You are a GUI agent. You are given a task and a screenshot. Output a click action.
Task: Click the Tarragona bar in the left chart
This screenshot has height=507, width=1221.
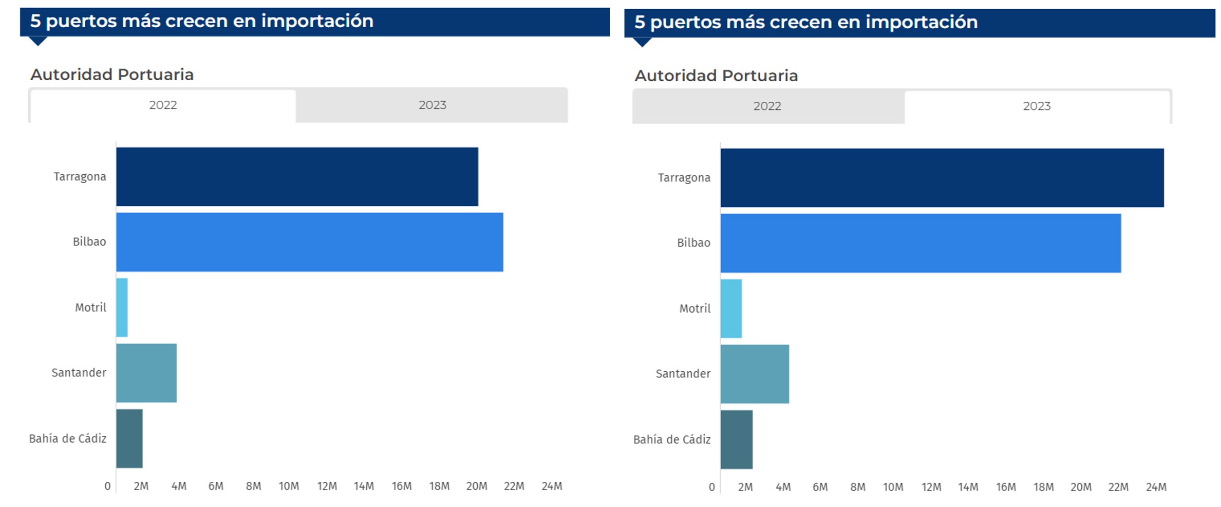(x=297, y=177)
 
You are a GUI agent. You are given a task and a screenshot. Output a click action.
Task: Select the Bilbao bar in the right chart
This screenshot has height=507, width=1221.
(x=921, y=243)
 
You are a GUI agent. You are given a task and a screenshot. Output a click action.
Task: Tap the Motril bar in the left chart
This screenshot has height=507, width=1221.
(x=122, y=307)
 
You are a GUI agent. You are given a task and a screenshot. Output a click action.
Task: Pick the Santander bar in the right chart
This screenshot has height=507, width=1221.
(x=755, y=374)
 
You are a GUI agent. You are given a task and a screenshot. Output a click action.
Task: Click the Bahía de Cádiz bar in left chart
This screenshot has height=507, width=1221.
(x=129, y=439)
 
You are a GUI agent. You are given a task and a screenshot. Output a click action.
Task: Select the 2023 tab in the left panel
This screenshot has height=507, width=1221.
(x=432, y=105)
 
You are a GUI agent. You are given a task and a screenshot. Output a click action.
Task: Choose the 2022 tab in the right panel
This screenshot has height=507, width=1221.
(x=767, y=106)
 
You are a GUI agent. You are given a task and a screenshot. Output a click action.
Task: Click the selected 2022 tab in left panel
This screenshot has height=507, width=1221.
(x=163, y=105)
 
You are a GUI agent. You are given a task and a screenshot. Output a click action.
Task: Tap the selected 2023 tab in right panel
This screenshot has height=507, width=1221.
(x=1037, y=106)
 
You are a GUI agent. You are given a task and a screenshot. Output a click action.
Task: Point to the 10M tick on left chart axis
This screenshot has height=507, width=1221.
(x=289, y=486)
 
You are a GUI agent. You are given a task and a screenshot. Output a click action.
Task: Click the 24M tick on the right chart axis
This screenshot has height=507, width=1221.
(x=1156, y=487)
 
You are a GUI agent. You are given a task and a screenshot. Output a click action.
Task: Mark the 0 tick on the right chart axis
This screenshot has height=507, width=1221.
(x=711, y=487)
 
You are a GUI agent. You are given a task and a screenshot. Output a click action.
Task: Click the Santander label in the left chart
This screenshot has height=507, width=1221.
(x=79, y=373)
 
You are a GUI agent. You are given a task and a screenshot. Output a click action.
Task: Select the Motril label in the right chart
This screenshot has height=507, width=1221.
(x=694, y=309)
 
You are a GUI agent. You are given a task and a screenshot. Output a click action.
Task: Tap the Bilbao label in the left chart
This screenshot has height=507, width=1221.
(x=89, y=242)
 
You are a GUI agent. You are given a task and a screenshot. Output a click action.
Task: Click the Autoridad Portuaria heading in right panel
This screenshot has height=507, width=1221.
(x=716, y=76)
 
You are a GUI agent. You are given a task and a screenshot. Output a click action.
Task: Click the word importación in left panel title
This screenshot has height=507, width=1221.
(x=317, y=21)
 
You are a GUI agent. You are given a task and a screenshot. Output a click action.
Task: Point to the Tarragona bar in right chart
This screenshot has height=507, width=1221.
(x=942, y=178)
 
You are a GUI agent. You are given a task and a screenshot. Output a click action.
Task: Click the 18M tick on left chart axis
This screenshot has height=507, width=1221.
(x=439, y=486)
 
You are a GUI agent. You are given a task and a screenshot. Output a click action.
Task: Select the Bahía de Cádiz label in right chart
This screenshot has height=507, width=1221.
(x=672, y=440)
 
